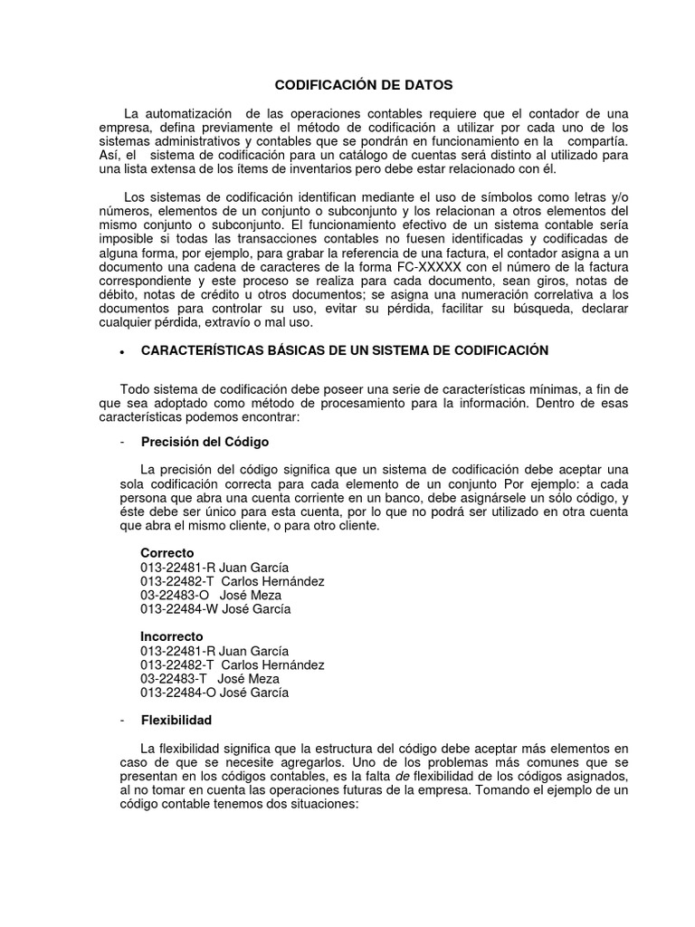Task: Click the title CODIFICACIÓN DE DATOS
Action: (x=363, y=84)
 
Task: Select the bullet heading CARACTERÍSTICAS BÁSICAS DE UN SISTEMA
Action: (x=345, y=350)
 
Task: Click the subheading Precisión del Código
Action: (x=205, y=442)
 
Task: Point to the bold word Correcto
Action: (x=167, y=552)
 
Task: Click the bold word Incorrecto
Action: (x=171, y=636)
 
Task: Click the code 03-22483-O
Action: (x=174, y=595)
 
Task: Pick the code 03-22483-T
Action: (x=173, y=678)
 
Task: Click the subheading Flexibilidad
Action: (x=176, y=721)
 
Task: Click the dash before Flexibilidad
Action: (x=122, y=721)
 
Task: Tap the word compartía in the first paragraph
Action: (x=591, y=141)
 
